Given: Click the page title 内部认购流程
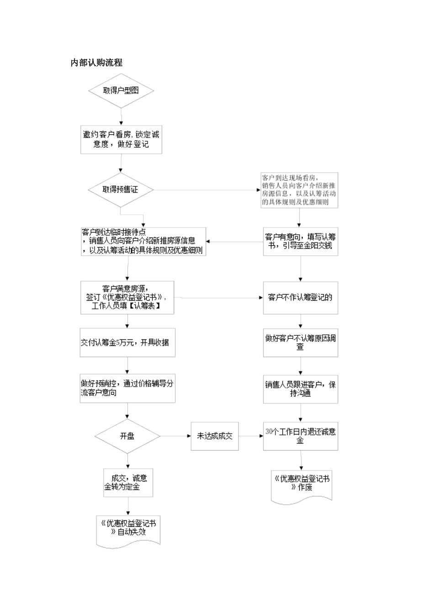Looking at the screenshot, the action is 96,63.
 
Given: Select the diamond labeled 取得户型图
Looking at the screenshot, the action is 121,90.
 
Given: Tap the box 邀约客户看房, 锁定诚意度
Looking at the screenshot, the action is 121,140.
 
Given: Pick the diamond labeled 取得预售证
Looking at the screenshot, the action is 121,190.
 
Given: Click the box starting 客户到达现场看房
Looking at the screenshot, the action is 299,190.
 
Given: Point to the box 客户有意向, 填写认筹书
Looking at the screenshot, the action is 300,241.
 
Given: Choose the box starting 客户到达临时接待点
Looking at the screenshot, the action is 143,241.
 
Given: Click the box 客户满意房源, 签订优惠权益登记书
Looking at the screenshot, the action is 127,297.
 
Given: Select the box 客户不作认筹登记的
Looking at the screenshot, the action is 300,297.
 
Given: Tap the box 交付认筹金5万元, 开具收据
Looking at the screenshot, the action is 127,342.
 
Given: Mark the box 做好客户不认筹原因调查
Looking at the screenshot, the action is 300,342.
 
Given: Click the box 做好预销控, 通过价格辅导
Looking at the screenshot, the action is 127,388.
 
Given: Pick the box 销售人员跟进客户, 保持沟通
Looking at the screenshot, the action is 300,389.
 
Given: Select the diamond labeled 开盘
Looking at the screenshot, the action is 127,436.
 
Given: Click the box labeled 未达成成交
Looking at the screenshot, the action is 214,436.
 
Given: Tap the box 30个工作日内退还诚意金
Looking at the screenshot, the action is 300,436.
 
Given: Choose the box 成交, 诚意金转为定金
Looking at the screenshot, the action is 128,482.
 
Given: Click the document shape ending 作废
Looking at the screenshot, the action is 301,486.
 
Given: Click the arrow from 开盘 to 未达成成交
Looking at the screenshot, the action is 175,436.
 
